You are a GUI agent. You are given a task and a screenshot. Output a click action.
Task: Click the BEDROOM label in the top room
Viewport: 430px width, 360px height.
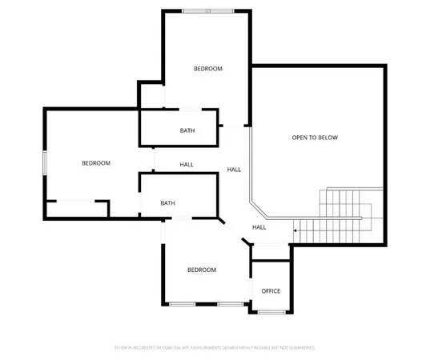point(208,69)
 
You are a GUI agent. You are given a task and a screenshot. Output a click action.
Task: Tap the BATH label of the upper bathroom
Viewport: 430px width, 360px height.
point(187,131)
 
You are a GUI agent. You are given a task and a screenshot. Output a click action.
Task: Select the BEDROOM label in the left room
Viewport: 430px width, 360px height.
point(96,163)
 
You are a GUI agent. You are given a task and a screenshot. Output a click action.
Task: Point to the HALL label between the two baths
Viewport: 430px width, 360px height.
point(187,165)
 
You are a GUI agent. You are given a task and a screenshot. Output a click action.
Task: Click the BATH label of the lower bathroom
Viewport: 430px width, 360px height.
point(167,203)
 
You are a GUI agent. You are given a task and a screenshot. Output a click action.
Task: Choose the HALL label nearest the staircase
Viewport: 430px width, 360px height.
point(259,227)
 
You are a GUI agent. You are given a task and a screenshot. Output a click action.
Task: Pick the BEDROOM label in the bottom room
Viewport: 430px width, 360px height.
point(202,270)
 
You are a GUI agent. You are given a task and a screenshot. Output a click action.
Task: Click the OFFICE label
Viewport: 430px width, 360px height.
point(271,290)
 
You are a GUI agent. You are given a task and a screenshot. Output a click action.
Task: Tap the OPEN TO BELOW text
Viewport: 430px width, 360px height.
point(315,138)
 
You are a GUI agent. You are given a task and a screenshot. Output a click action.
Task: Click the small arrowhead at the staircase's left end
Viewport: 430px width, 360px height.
point(295,230)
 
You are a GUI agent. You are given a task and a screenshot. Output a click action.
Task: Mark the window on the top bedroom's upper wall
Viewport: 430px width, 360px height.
point(208,11)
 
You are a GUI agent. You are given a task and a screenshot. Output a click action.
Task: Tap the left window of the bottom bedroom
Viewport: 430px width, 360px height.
point(182,304)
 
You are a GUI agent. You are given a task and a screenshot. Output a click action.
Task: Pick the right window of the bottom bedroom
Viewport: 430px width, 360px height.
point(231,304)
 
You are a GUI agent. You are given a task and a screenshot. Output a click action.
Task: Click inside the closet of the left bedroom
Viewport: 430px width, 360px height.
point(76,209)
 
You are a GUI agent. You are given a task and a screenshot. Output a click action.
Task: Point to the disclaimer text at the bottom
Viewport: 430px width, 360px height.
point(214,348)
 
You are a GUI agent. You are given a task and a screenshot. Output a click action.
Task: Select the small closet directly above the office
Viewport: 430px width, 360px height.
point(270,253)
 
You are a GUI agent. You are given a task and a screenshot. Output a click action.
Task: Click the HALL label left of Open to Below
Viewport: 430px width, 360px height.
point(235,170)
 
